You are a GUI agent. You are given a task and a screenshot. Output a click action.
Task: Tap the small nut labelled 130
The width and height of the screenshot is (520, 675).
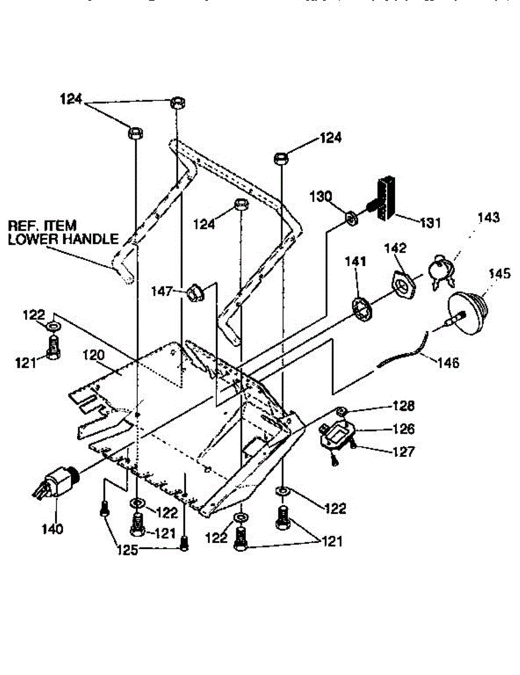350,217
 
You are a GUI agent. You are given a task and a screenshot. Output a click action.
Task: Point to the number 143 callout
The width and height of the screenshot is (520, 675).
489,218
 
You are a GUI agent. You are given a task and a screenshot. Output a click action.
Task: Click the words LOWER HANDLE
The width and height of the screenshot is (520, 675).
63,239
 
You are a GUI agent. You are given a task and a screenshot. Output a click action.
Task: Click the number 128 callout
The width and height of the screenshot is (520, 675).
404,406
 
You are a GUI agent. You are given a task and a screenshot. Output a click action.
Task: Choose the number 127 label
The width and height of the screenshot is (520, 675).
404,451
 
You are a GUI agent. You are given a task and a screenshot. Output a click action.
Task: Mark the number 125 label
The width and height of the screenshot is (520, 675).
127,550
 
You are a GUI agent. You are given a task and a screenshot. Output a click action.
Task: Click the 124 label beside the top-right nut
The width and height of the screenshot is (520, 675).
331,138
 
